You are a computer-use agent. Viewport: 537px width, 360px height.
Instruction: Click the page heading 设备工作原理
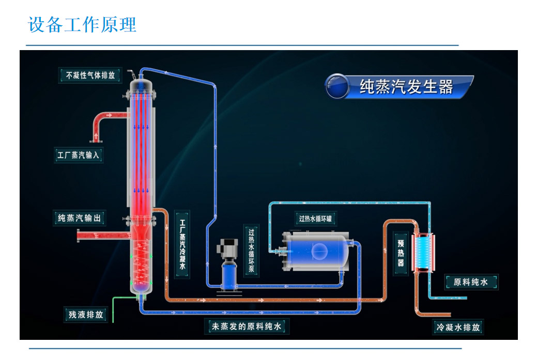pos(82,25)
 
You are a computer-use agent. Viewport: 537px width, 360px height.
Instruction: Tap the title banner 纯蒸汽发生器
pos(406,86)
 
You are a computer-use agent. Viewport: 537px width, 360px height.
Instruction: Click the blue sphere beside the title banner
pos(337,86)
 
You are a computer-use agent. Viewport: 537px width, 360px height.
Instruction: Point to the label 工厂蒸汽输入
pos(79,154)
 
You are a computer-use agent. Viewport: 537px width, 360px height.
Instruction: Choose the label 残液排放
pos(86,314)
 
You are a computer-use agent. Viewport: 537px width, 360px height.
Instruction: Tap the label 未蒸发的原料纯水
pos(246,326)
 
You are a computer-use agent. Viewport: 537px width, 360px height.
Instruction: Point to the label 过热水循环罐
pos(316,218)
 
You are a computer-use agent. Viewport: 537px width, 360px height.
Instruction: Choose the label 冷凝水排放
pos(458,327)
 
